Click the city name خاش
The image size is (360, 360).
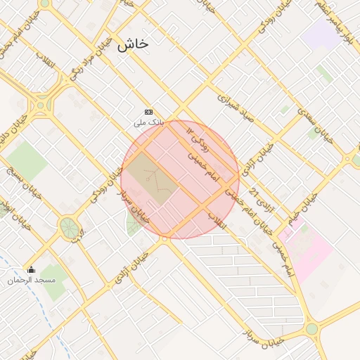tap(134, 44)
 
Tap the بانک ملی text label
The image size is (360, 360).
tap(148, 122)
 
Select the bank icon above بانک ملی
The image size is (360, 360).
tap(148, 112)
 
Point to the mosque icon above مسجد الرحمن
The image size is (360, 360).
tap(30, 269)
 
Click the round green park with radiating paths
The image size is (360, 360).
tap(69, 227)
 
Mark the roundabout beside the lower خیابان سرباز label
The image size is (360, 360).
tap(311, 328)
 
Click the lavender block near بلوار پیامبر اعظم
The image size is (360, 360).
tap(323, 32)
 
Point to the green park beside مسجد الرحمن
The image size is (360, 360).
tap(52, 278)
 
